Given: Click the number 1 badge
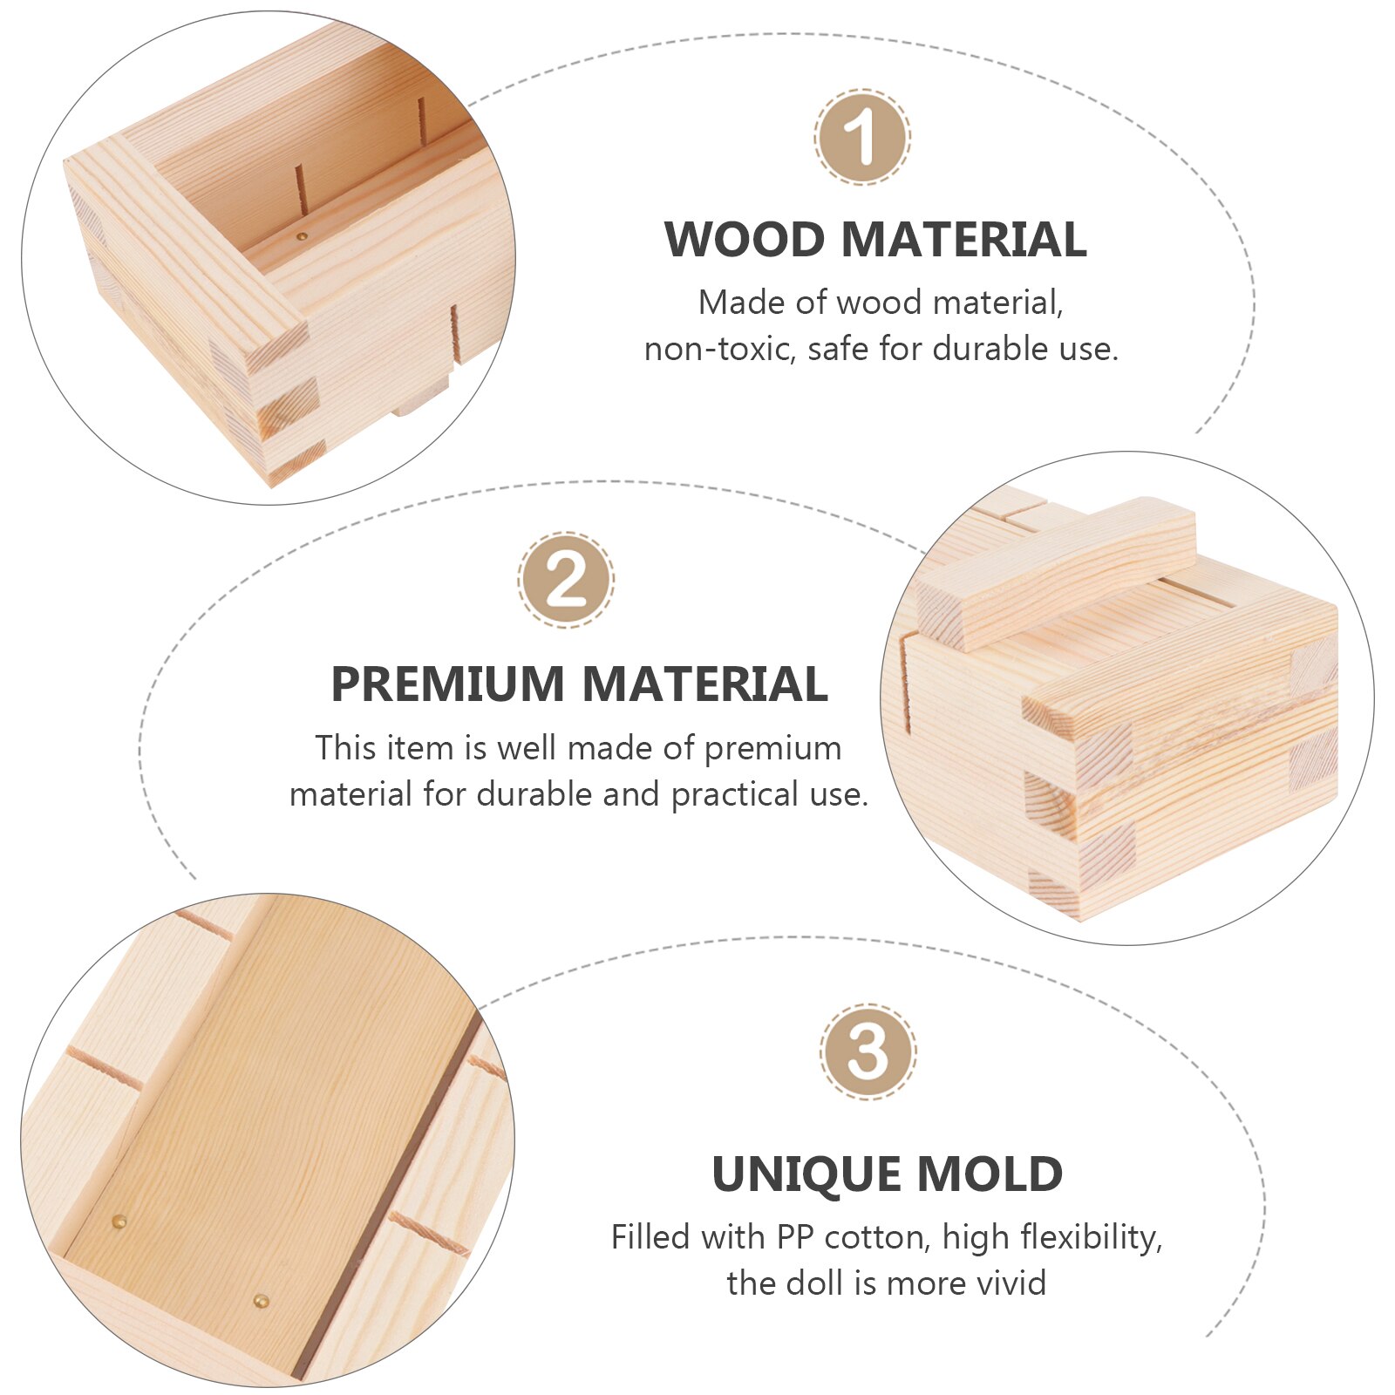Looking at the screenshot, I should (x=862, y=136).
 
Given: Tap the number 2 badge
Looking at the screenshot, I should (x=566, y=580).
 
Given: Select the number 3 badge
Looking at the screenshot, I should (x=868, y=1051).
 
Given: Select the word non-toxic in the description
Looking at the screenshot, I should (x=718, y=350).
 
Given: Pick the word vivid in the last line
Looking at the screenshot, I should (x=1008, y=1283).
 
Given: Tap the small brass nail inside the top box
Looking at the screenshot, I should (x=303, y=235).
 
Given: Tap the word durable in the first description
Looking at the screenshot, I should (x=990, y=350).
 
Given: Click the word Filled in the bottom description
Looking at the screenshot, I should (x=650, y=1237).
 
